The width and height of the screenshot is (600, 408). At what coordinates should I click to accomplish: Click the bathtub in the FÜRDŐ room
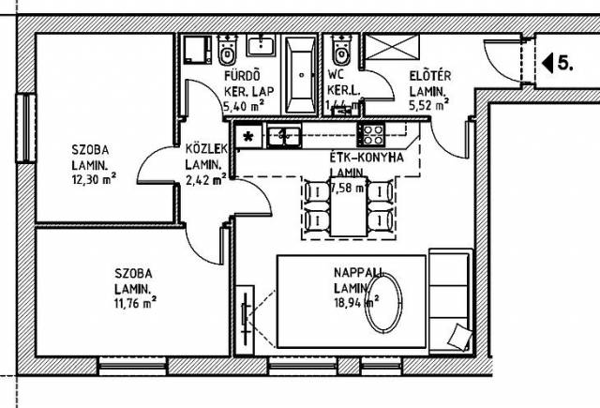pos(300,75)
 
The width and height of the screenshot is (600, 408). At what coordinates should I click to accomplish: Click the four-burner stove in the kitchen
pos(372,134)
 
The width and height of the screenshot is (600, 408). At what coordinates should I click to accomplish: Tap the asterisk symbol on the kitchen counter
pos(247,137)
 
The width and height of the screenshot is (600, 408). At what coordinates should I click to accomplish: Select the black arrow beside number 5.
pos(548,64)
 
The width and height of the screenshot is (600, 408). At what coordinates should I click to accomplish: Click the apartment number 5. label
pos(566,64)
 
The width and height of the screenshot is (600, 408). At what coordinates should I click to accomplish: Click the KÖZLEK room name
pos(204,150)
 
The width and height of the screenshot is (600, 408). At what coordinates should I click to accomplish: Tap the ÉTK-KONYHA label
pos(367,158)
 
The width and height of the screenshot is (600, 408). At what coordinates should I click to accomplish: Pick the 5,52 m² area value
pos(428,107)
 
